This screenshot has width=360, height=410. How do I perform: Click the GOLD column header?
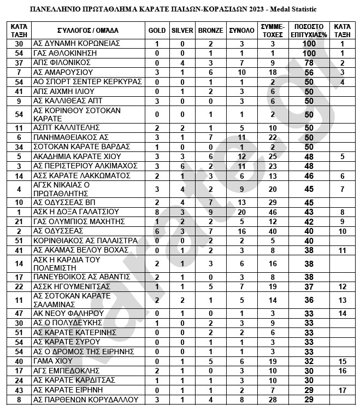[157, 31]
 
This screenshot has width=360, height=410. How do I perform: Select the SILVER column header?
[182, 31]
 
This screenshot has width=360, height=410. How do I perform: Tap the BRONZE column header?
[210, 31]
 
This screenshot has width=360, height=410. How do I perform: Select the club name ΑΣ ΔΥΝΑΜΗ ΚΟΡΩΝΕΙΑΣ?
[75, 43]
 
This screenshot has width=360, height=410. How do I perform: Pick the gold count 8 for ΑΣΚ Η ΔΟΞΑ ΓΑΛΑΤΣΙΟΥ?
[157, 212]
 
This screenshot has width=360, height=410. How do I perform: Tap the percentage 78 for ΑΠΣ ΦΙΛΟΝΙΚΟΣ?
[309, 62]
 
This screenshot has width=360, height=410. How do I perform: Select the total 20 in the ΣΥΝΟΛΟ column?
[240, 212]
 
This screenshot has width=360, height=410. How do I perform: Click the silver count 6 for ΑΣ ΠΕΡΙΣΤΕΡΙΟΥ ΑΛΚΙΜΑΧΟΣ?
[182, 166]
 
